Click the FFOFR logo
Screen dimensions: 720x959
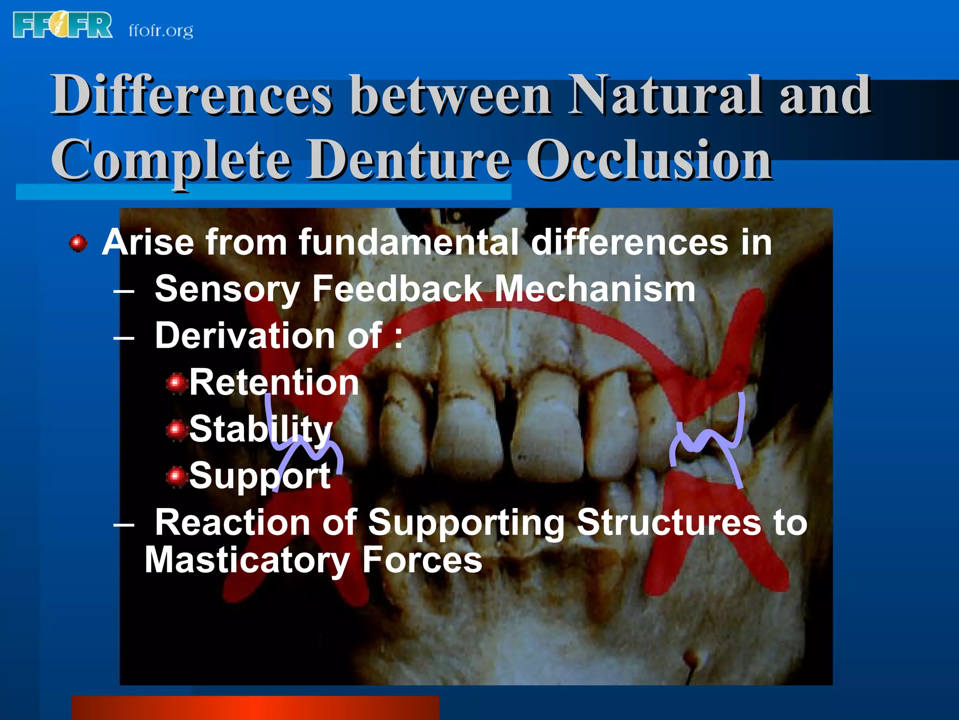(x=63, y=25)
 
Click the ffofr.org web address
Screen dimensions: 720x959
(x=161, y=31)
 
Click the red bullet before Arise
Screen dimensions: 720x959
(x=78, y=243)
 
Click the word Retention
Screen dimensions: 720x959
(x=274, y=382)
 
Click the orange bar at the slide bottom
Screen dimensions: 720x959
(x=255, y=708)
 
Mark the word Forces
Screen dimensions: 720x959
(x=422, y=560)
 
